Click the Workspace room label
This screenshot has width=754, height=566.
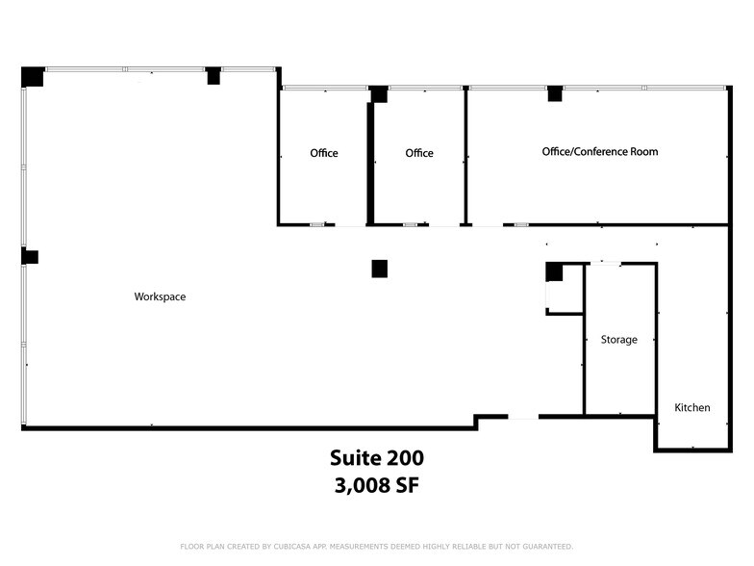pos(160,297)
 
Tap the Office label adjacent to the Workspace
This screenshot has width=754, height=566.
pos(324,154)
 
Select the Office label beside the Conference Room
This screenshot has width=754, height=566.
pos(419,154)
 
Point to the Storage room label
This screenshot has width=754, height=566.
pos(619,340)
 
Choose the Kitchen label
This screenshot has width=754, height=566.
pos(692,408)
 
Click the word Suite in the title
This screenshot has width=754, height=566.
pos(352,458)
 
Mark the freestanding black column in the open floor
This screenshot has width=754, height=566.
pos(380,269)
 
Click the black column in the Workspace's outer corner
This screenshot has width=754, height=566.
pos(32,76)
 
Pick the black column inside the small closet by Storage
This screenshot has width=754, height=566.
pos(554,272)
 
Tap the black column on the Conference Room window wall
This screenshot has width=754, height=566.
pos(554,93)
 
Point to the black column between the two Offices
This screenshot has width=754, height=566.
pos(379,94)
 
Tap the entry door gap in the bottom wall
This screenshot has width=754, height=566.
pos(523,417)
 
